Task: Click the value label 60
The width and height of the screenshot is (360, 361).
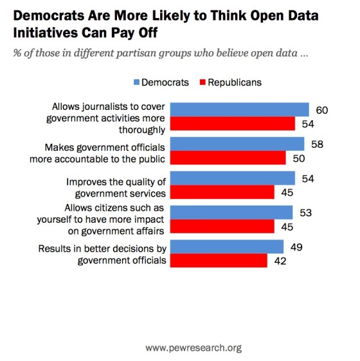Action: coord(322,110)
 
